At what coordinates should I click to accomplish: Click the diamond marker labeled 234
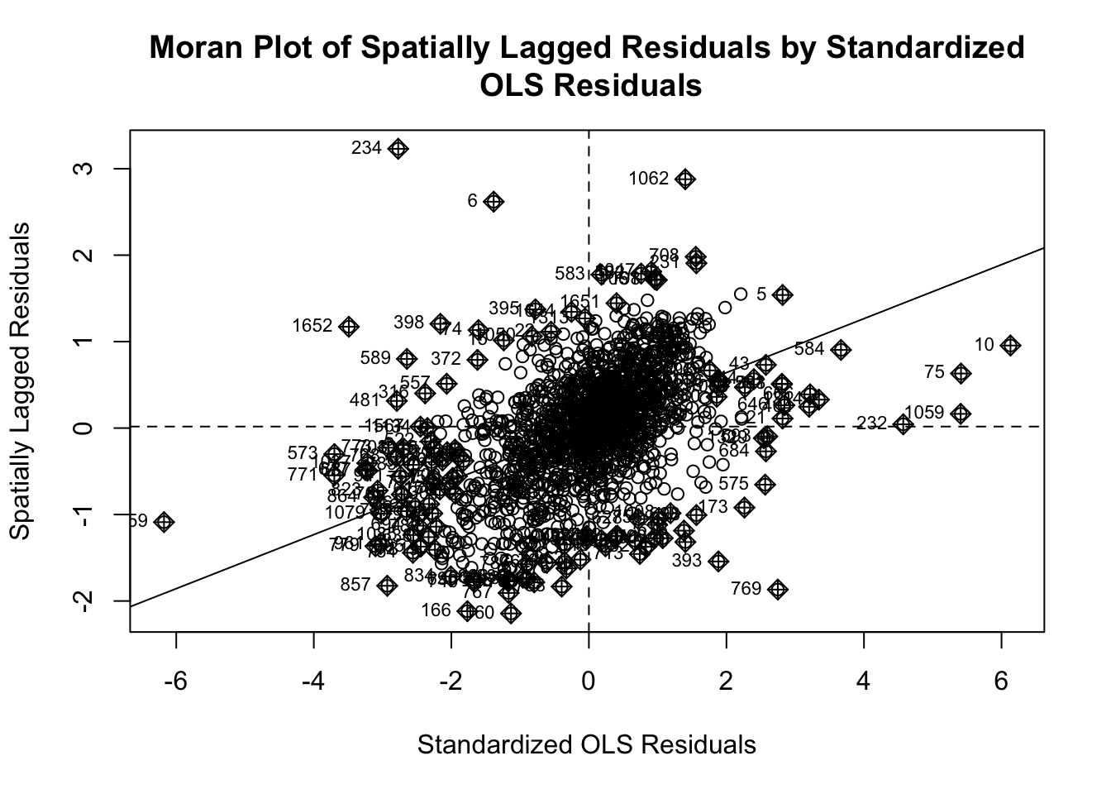[x=398, y=149]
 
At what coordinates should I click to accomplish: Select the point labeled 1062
[x=685, y=179]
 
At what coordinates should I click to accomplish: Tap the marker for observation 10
[x=1010, y=345]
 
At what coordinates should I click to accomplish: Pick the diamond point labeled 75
[x=961, y=373]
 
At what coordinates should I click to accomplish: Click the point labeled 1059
[x=961, y=413]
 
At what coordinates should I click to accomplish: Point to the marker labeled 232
[x=903, y=424]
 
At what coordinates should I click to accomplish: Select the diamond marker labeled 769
[x=777, y=589]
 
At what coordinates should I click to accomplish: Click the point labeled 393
[x=718, y=561]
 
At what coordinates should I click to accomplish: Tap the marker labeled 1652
[x=349, y=327]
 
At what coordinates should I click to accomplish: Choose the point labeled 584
[x=841, y=350]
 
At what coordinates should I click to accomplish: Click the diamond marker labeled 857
[x=387, y=585]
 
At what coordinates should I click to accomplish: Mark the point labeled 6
[x=494, y=201]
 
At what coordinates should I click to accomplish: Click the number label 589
[x=375, y=358]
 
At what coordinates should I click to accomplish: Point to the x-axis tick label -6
[x=175, y=683]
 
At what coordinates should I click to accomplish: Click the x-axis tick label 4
[x=864, y=683]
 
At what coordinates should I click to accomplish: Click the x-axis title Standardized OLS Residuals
[x=586, y=745]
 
